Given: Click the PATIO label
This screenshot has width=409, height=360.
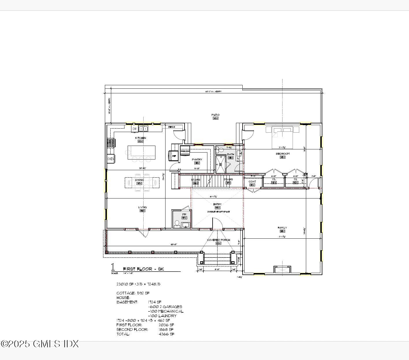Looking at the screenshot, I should [215, 115].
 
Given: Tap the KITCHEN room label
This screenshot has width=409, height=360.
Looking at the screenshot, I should [141, 138].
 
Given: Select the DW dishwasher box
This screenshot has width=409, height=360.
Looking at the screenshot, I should [135, 129].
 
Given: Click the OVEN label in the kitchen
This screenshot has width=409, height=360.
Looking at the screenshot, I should [111, 159].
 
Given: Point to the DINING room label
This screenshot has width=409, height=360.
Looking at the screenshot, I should [139, 180].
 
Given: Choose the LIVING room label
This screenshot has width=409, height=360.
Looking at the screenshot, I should [142, 207].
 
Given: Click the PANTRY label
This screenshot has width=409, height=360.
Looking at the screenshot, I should [197, 159].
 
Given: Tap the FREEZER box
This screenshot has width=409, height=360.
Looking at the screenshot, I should [185, 151].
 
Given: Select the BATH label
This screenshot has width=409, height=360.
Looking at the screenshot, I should [230, 155].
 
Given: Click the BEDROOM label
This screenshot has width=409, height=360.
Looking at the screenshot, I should [282, 154].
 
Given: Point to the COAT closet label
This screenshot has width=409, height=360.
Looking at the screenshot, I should [252, 182].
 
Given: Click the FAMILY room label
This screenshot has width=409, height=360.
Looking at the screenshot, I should [282, 228].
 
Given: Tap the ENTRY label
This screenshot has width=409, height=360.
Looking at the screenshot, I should [217, 204].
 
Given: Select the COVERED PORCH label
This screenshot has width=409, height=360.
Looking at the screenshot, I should [218, 240].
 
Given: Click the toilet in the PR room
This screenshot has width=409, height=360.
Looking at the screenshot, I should [177, 223].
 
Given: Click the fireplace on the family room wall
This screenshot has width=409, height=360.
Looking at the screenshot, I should [282, 270].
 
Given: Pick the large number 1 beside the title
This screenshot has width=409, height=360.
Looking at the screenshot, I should [113, 267].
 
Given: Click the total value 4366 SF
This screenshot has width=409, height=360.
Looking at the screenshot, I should [166, 334].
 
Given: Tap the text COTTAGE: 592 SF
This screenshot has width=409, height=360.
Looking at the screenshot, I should [133, 293].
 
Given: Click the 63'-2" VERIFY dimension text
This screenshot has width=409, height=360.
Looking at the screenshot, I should [213, 92].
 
